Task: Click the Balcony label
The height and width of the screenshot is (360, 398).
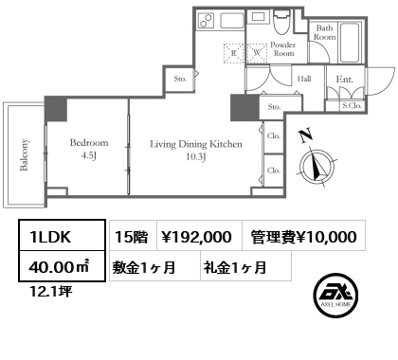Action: [24, 153]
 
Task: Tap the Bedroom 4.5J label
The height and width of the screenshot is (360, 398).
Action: [88, 149]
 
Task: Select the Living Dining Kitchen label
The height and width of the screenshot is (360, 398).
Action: [196, 150]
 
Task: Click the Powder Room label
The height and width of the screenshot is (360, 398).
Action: [282, 49]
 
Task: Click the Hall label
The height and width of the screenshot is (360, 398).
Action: [304, 80]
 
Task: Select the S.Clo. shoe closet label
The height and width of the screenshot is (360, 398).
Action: [351, 106]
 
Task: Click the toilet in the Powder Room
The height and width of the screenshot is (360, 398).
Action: [281, 21]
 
